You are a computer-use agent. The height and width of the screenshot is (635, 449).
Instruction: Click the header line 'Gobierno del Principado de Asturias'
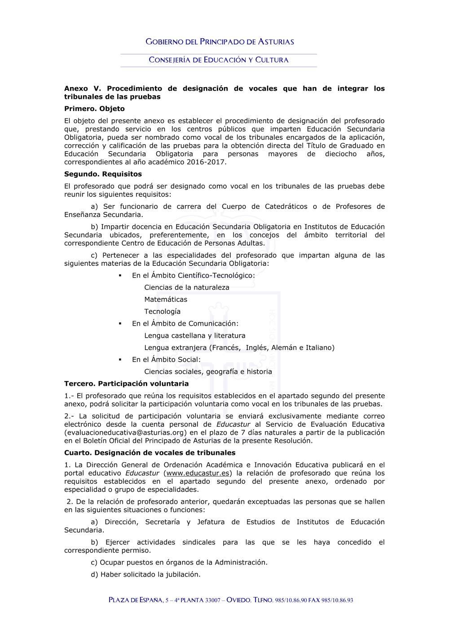(x=220, y=42)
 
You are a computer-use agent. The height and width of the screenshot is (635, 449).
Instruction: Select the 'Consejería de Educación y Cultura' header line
(x=219, y=60)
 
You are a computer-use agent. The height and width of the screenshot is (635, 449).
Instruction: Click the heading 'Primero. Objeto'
(x=94, y=109)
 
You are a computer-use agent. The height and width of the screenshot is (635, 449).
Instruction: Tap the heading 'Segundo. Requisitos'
(x=103, y=174)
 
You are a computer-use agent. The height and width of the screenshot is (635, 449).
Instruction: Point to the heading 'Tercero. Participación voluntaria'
(x=126, y=384)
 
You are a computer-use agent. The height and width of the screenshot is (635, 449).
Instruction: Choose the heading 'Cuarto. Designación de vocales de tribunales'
(x=150, y=453)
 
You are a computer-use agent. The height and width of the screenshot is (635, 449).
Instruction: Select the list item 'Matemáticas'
(x=166, y=300)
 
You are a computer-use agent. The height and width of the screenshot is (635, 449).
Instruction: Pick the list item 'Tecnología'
(x=162, y=312)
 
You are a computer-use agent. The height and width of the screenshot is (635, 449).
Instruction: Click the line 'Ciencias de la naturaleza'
(x=186, y=287)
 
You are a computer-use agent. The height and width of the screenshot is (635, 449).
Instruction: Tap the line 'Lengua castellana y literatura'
(x=194, y=336)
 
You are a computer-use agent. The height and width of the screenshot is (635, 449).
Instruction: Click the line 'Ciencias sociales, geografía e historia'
(x=208, y=372)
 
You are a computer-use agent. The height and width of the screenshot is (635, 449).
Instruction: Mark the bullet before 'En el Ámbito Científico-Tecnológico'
(x=120, y=276)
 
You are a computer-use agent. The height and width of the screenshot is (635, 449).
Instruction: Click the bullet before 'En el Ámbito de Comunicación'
(x=120, y=324)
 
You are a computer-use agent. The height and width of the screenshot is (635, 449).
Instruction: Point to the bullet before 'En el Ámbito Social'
(x=120, y=360)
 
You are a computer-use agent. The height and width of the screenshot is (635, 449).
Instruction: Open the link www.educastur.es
(x=198, y=473)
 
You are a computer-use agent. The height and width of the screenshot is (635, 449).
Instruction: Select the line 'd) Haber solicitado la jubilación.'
(x=145, y=575)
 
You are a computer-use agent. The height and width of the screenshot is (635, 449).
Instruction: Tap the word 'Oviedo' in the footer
(x=238, y=600)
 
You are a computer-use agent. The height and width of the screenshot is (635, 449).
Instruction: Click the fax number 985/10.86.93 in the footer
(x=337, y=600)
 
